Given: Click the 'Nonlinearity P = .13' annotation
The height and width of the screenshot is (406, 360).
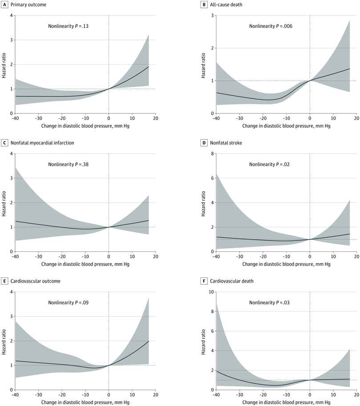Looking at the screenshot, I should [x=69, y=26].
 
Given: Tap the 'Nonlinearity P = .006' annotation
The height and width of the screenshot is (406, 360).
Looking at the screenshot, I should [x=271, y=26].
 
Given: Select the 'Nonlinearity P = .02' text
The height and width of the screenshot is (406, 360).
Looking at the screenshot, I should [x=270, y=164].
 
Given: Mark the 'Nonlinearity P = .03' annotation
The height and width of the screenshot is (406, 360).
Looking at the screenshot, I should [x=270, y=303].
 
